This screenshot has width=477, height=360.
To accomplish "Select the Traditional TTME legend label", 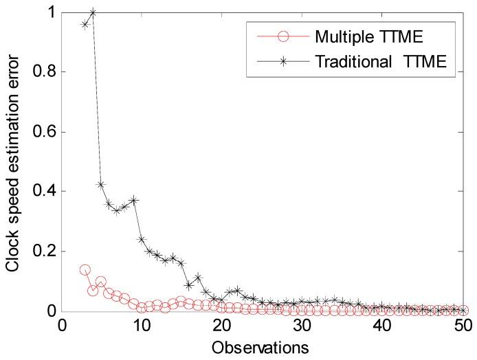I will click(381, 62).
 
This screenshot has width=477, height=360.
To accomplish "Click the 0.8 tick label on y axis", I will click(43, 72).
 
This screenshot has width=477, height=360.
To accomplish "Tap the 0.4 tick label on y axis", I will click(43, 192).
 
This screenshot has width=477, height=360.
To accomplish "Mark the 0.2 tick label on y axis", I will click(43, 251).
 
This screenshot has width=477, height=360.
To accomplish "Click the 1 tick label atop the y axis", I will click(52, 12).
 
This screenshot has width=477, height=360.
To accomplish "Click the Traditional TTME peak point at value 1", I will click(93, 12).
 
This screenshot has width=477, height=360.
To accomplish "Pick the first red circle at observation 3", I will click(85, 270).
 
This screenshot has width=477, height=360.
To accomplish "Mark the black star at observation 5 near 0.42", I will click(101, 185).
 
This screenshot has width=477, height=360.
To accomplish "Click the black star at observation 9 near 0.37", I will click(133, 200).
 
